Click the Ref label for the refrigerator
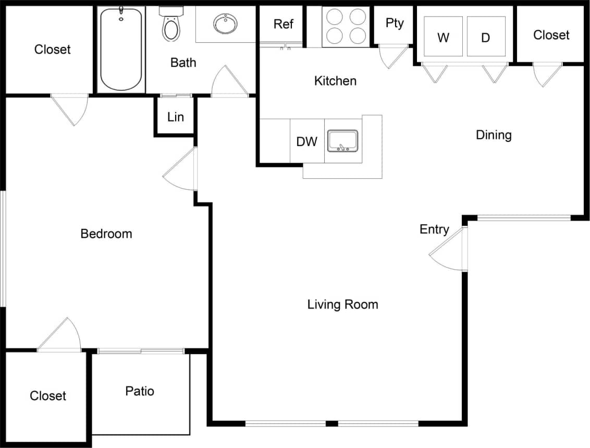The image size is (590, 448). [283, 24]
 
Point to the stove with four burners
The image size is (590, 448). [345, 26]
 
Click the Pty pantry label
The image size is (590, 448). [395, 23]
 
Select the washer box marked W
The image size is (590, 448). [443, 37]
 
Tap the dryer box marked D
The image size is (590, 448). [486, 37]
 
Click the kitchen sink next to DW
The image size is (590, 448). [342, 141]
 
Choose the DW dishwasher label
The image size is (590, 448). [307, 141]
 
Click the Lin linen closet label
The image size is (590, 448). [176, 117]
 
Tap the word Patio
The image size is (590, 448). [140, 391]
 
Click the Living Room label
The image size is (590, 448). [342, 304]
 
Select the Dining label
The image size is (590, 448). [494, 135]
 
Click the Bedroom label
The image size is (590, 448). [106, 234]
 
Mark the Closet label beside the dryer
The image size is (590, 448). [551, 35]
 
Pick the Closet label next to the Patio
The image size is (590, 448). [48, 396]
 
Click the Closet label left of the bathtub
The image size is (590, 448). [52, 50]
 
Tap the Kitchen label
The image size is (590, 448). [336, 81]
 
